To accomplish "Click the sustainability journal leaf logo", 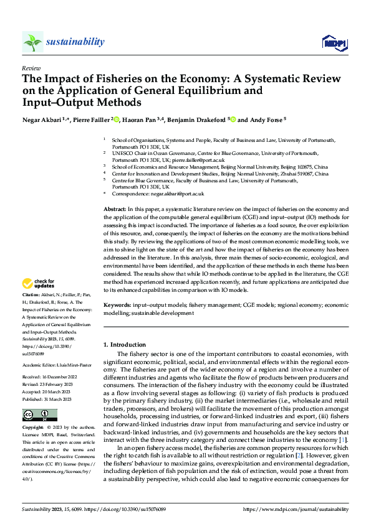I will click(x=32, y=42).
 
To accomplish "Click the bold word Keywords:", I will click(x=117, y=306).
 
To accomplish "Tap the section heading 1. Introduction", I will click(x=128, y=344).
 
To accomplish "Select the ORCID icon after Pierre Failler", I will click(x=116, y=120).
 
